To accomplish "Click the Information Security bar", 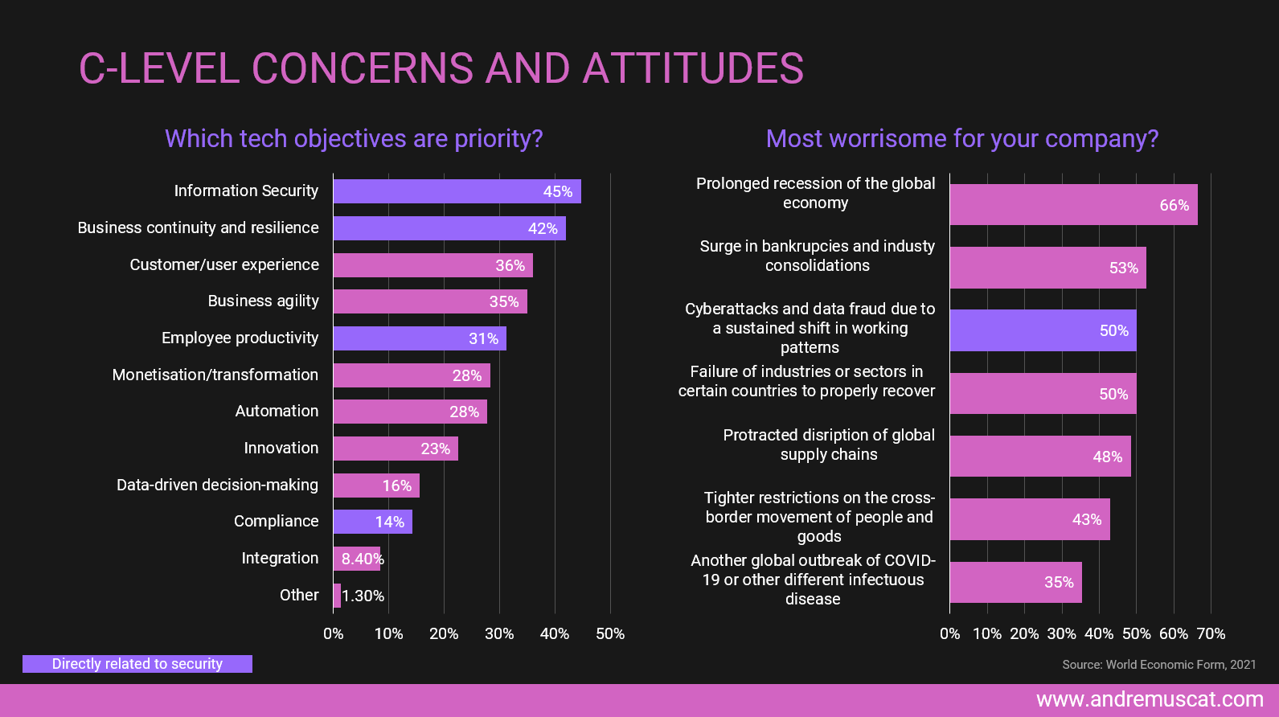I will (457, 191).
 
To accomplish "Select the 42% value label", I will (543, 229).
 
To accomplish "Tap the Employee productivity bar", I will (419, 338).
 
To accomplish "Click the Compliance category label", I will (276, 522).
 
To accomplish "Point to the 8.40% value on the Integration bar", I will (362, 559).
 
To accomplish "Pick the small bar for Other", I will (337, 596).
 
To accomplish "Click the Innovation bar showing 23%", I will (396, 449).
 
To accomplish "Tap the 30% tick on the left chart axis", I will (499, 634).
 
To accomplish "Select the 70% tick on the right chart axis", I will (1211, 634).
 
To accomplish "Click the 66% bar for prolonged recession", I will (1072, 205).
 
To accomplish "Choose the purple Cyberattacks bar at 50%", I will (1042, 330).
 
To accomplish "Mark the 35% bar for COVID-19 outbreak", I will (1015, 582).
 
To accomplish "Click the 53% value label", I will (1123, 268).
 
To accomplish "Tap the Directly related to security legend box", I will (137, 664).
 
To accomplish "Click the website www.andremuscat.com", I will (1150, 699).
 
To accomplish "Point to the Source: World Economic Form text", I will (1158, 665).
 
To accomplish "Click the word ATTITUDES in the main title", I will (693, 69).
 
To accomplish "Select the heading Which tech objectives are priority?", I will (354, 139).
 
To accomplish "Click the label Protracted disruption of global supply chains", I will (828, 445).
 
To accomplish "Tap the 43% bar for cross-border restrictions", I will (1029, 519).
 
